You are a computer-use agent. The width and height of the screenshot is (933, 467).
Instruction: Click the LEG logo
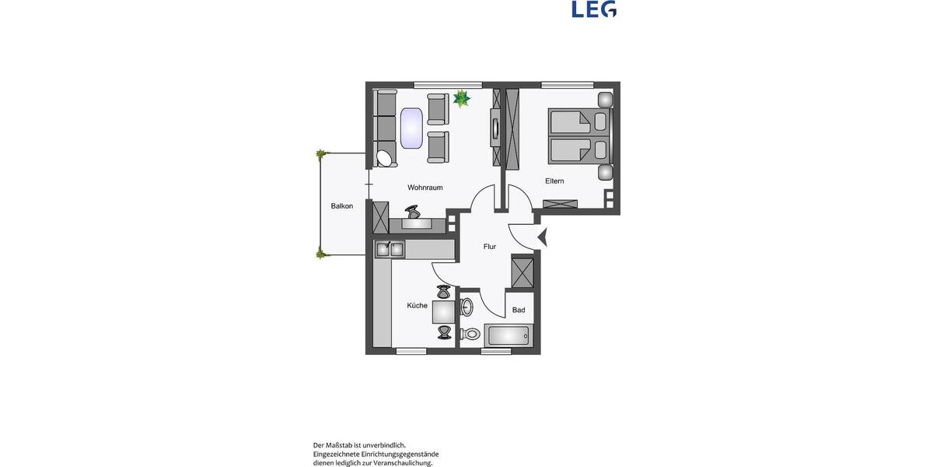pos(594,9)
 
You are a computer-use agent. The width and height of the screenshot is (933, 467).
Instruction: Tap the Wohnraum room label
pos(425,188)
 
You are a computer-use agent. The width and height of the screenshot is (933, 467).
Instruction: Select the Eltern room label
pos(554,181)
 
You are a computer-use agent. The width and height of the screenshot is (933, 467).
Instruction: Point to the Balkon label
pos(341,206)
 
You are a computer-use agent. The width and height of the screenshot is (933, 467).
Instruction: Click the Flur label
pos(490,247)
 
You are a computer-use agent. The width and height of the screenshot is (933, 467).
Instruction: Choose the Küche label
pos(417,306)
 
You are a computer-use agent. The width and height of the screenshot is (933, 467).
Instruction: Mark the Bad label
pos(519,310)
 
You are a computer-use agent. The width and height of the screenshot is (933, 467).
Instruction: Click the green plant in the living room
pos(462,98)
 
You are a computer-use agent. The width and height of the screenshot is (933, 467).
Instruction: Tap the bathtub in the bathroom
pos(507,336)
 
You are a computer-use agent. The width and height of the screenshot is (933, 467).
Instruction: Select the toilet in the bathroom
pos(471,334)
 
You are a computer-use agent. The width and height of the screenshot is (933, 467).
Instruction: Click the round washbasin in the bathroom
pos(466,306)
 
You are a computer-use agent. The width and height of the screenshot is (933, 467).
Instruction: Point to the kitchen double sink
pos(390,249)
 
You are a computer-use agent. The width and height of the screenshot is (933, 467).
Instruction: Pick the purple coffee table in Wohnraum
pos(411,128)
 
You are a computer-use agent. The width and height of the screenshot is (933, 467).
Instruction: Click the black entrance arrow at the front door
pos(542,237)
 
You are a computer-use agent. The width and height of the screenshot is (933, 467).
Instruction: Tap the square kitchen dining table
pos(444,312)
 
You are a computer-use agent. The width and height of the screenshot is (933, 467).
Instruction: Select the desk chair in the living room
pos(413,211)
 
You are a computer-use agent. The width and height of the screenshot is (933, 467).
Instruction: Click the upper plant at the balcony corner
pos(320,154)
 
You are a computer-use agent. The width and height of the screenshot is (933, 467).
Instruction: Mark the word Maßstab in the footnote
pos(348,445)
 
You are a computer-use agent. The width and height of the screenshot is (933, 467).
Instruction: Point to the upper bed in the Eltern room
pos(578,122)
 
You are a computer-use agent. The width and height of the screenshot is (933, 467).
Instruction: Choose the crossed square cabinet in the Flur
pos(522,272)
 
